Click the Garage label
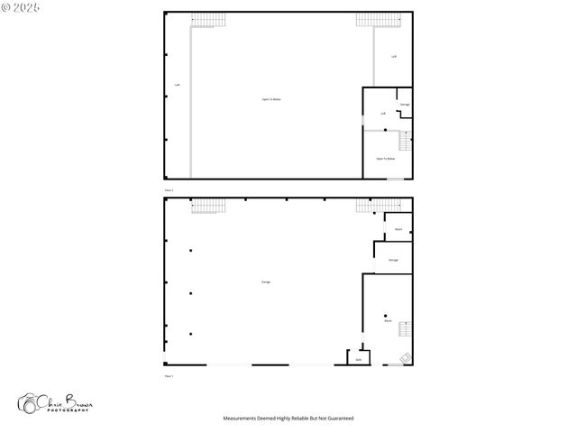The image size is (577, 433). tap(266, 282)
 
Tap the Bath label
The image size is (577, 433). tap(358, 360)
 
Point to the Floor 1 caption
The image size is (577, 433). tap(169, 375)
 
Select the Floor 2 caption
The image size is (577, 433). tap(169, 191)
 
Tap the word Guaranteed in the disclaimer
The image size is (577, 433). tap(339, 419)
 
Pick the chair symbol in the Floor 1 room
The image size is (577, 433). tap(405, 357)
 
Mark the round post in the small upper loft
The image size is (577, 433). tap(386, 131)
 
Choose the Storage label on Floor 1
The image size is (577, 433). tap(393, 260)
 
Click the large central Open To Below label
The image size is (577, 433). tap(271, 99)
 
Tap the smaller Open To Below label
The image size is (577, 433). tap(386, 159)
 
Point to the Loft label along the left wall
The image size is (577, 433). tap(177, 86)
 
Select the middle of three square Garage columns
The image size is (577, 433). tap(190, 292)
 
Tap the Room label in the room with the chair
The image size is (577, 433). tap(388, 320)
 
